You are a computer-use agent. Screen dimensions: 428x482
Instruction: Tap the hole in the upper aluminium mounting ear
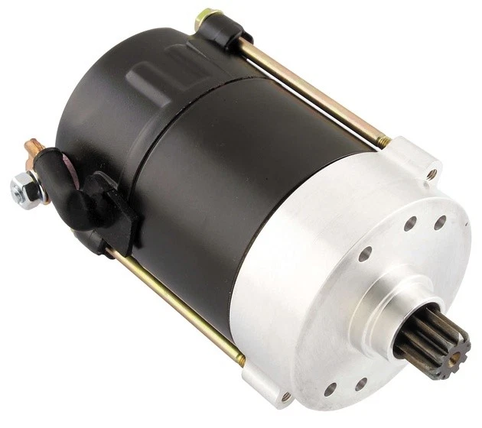coord(432,173)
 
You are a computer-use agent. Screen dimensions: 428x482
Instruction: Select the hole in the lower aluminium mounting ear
coord(285,395)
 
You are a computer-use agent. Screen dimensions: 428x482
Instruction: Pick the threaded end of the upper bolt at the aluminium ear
coord(383,141)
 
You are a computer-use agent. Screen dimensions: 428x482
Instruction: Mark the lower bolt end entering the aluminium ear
coord(239,357)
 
